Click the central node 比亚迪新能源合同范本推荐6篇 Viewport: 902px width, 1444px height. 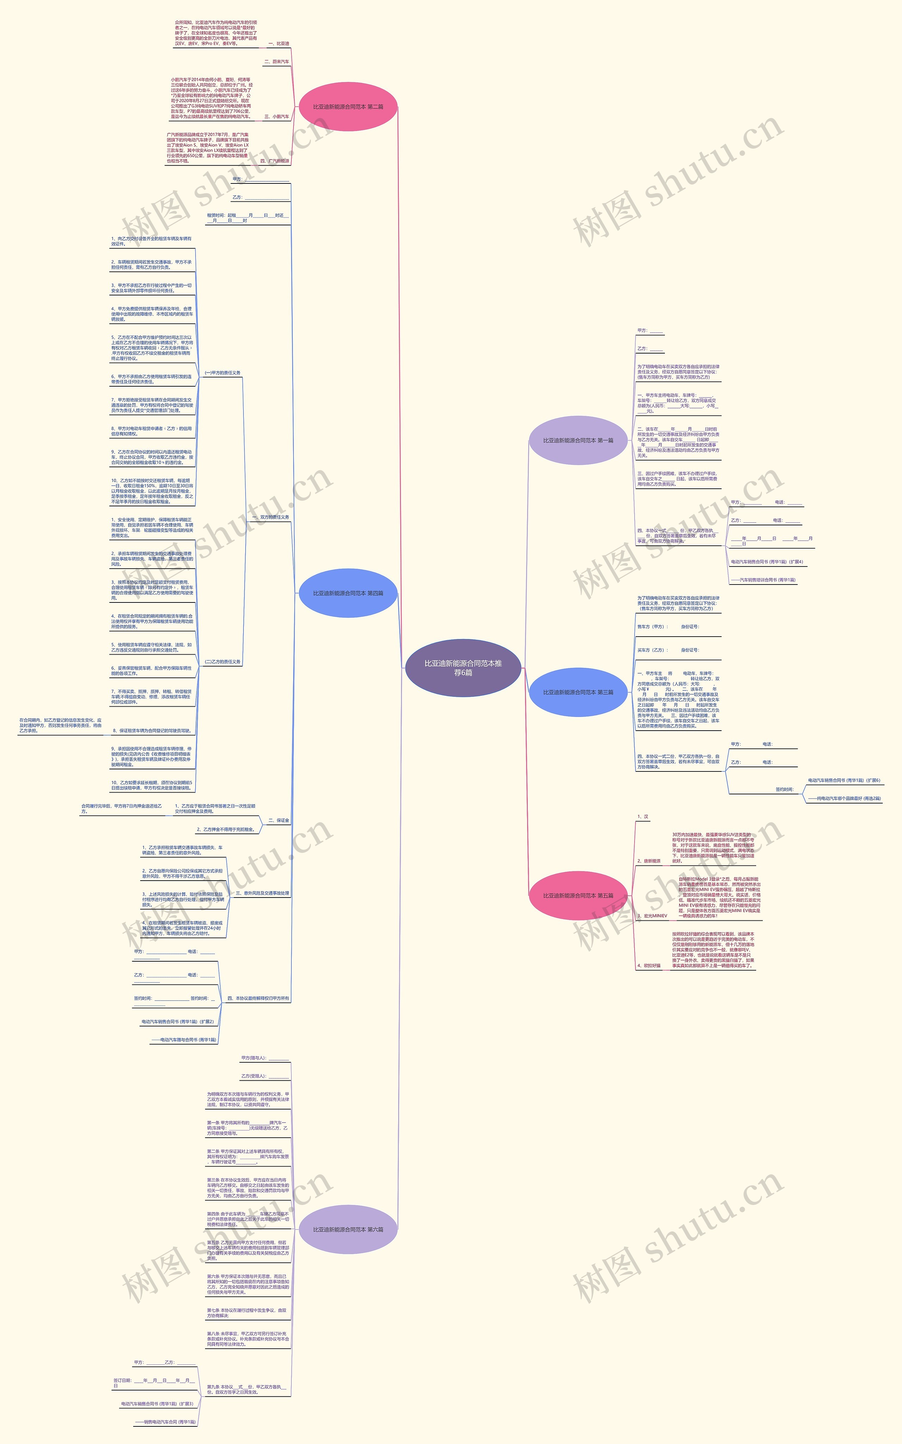(463, 668)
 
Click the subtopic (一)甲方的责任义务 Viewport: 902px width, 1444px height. (223, 373)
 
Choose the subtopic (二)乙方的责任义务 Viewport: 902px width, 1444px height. (223, 662)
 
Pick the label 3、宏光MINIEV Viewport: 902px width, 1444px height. (652, 916)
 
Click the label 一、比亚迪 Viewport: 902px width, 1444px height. (278, 44)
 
